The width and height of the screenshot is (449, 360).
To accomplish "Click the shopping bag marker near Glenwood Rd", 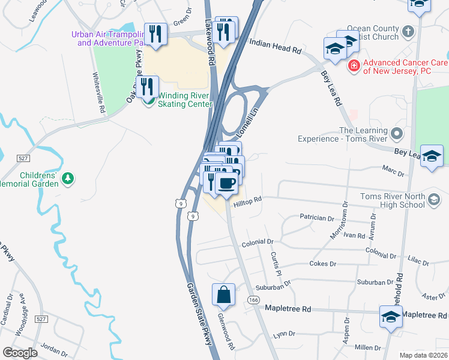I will pyautogui.click(x=223, y=295).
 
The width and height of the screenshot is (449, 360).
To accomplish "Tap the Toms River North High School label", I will pyautogui.click(x=393, y=200).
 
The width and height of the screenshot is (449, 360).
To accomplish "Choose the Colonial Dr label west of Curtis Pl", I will pyautogui.click(x=258, y=243).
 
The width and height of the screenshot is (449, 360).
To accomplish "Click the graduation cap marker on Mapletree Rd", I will pyautogui.click(x=390, y=316).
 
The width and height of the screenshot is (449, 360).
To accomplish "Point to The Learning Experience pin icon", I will pyautogui.click(x=396, y=133).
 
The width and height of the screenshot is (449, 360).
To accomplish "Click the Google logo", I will pyautogui.click(x=20, y=353).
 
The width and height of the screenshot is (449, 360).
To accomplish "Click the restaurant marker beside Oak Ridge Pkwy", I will pyautogui.click(x=146, y=87).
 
